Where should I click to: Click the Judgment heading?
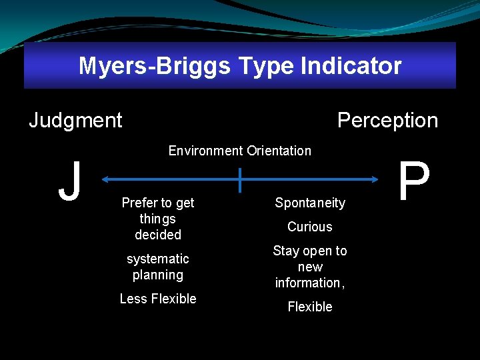(75, 120)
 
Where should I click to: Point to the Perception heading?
(387, 120)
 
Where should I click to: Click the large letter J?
(69, 181)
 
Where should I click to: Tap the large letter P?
(414, 181)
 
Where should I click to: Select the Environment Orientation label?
(239, 151)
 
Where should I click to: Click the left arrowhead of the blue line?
(107, 179)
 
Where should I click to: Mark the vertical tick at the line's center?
(239, 180)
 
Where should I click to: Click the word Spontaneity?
(310, 203)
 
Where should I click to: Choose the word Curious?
(310, 227)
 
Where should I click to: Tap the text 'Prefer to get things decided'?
(158, 219)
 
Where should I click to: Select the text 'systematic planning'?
(158, 267)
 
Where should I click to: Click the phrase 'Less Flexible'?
(158, 299)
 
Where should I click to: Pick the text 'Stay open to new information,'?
(310, 267)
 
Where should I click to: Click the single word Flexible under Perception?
(310, 307)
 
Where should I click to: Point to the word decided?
(158, 235)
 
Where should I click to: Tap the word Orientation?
(279, 151)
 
